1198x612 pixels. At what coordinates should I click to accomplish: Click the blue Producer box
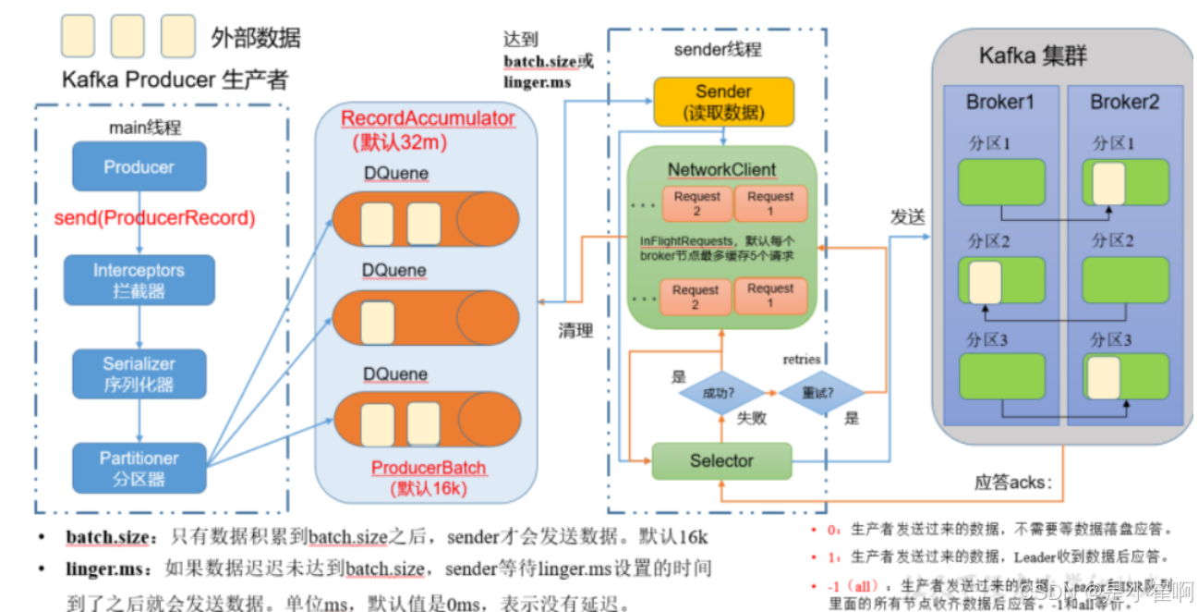[139, 167]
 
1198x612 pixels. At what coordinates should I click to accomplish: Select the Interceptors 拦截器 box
[139, 280]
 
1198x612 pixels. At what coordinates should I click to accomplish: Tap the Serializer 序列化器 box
[139, 373]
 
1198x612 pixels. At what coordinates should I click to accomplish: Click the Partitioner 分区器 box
[139, 468]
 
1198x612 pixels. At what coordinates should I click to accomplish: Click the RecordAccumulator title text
[428, 118]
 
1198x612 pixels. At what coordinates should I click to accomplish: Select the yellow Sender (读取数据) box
[723, 102]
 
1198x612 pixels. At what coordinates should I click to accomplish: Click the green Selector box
[721, 460]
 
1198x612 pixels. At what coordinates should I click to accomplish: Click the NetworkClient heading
[721, 170]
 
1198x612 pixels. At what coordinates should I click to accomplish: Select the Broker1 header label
[1000, 102]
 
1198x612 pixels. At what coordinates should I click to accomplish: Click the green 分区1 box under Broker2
[1125, 183]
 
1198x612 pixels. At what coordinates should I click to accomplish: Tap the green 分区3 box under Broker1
[1002, 376]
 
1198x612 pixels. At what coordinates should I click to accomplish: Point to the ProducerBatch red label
[429, 468]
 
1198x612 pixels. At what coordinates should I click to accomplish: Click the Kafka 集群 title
[1033, 55]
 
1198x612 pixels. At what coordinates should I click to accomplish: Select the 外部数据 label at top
[256, 38]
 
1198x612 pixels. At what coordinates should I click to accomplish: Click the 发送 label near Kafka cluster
[907, 216]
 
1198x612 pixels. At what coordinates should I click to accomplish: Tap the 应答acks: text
[1013, 482]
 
